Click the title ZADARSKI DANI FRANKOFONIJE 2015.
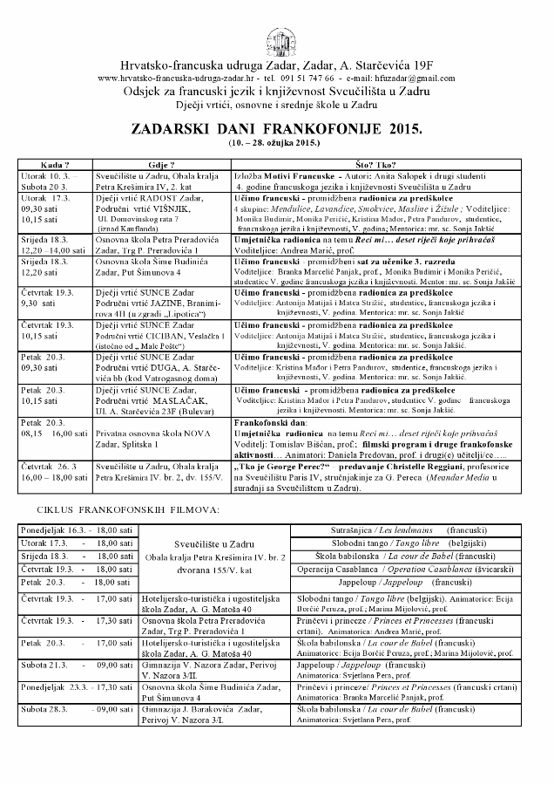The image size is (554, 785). click(276, 126)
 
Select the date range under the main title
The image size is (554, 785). click(276, 141)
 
